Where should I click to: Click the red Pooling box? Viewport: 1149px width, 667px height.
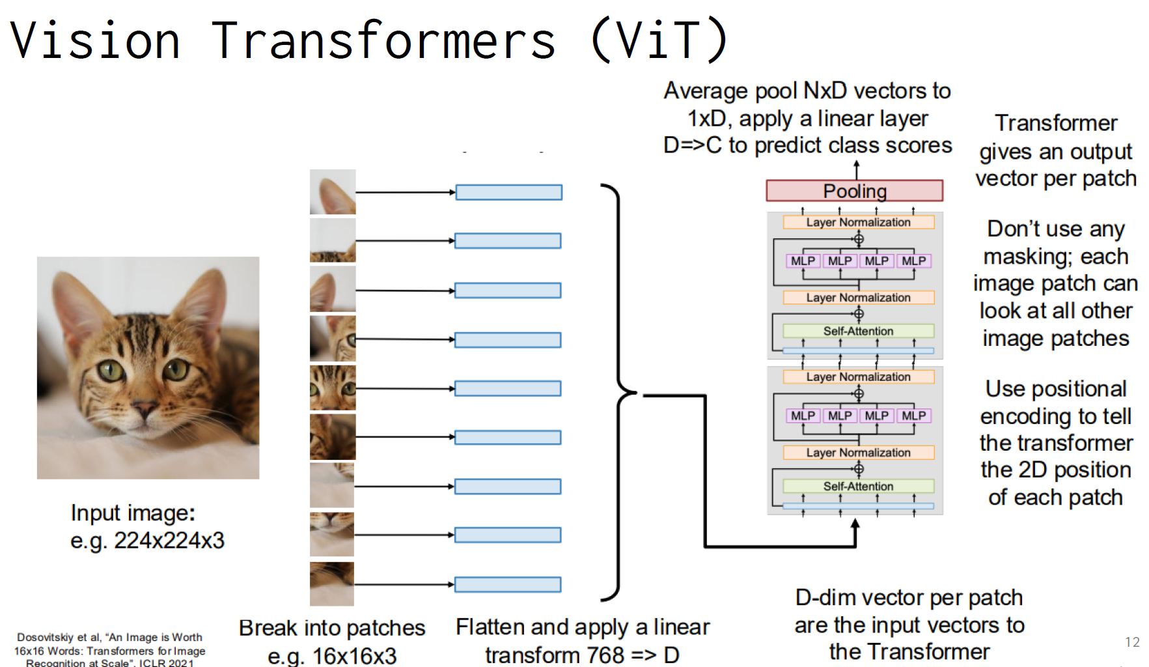point(854,191)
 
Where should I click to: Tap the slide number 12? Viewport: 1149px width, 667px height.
point(1132,642)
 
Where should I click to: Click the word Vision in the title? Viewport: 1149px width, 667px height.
point(95,40)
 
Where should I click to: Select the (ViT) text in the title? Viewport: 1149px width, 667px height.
point(659,40)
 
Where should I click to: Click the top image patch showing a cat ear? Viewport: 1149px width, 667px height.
point(333,192)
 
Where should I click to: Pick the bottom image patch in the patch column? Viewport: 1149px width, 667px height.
point(332,584)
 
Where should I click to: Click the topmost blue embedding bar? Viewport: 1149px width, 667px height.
point(508,192)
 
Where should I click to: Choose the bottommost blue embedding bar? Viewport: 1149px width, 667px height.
point(508,584)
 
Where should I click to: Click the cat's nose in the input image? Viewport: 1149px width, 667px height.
point(144,410)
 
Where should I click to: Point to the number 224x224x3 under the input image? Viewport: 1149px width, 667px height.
point(169,541)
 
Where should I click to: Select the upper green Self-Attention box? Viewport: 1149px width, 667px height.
point(858,331)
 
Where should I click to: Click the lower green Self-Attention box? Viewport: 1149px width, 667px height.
point(858,486)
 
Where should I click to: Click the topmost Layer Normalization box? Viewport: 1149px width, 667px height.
point(858,222)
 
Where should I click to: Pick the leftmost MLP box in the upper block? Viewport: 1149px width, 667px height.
point(803,261)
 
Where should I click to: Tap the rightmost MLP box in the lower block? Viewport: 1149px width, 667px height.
point(913,416)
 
